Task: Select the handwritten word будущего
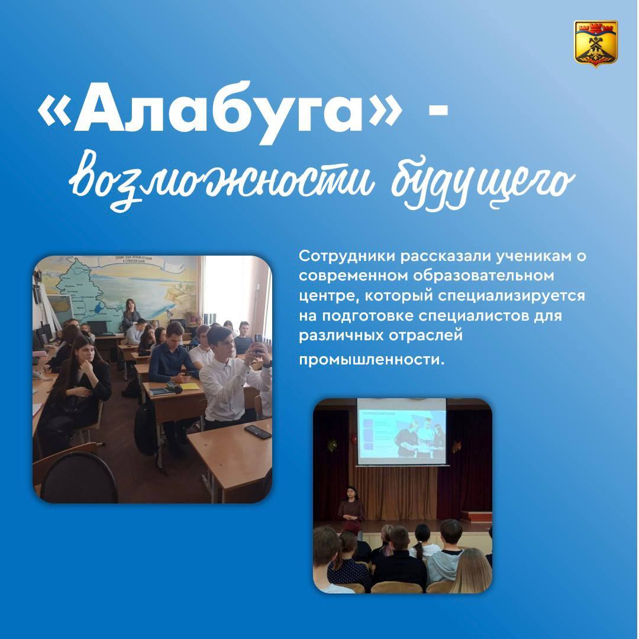pyautogui.click(x=483, y=183)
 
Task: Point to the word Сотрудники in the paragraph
pyautogui.click(x=347, y=256)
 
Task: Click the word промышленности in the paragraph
pyautogui.click(x=370, y=360)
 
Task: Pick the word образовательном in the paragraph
pyautogui.click(x=483, y=276)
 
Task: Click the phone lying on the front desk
pyautogui.click(x=257, y=431)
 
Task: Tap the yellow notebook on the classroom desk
pyautogui.click(x=189, y=386)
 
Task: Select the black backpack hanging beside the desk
pyautogui.click(x=146, y=429)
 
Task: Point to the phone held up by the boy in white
pyautogui.click(x=259, y=343)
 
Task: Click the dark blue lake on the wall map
pyautogui.click(x=99, y=308)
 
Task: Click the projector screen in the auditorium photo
pyautogui.click(x=401, y=431)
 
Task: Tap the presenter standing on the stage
pyautogui.click(x=350, y=509)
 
